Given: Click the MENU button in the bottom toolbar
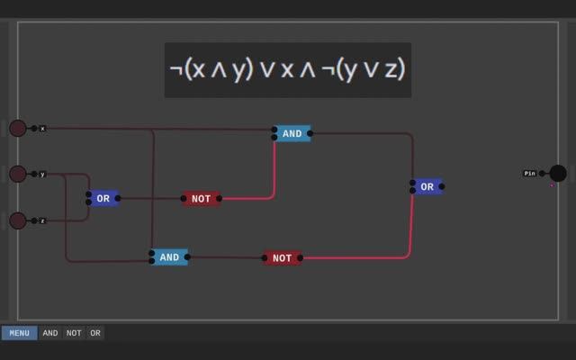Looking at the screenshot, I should click(19, 333).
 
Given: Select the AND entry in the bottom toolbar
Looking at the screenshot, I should click(50, 333).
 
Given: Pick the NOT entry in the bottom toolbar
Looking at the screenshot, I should click(74, 333).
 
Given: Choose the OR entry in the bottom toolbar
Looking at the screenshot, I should click(95, 333).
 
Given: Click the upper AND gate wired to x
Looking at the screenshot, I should click(292, 133).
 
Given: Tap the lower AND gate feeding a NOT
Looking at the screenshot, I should click(169, 257).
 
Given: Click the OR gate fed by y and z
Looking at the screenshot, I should click(103, 198).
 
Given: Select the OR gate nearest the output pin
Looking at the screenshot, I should click(427, 186).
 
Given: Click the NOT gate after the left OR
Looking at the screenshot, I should click(201, 199).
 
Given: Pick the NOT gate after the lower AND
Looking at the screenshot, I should click(283, 258).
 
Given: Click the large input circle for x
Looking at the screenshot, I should click(18, 128).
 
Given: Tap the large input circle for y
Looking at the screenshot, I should click(18, 174).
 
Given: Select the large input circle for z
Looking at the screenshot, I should click(18, 220).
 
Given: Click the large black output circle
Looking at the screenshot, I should click(558, 173).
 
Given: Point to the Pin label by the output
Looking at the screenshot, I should click(530, 173).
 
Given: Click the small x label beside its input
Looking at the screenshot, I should click(42, 129).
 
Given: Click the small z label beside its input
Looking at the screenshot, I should click(42, 220).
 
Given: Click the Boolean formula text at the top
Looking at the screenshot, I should click(288, 69).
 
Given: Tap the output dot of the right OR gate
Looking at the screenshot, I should click(442, 186).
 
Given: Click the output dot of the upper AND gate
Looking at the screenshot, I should click(310, 133).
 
